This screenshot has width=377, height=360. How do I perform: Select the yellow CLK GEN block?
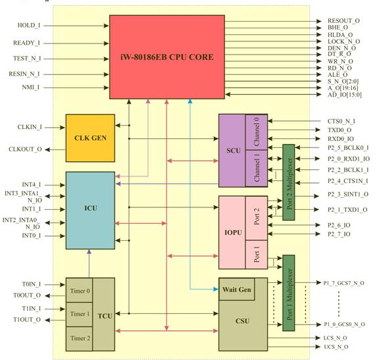pyautogui.click(x=90, y=138)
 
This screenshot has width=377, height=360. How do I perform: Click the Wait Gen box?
pyautogui.click(x=236, y=289)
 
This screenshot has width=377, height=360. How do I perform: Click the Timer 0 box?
pyautogui.click(x=79, y=290)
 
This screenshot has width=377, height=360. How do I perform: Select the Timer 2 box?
pyautogui.click(x=79, y=338)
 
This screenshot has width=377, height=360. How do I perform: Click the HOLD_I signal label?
pyautogui.click(x=28, y=26)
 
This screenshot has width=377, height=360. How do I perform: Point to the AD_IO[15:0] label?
pyautogui.click(x=346, y=95)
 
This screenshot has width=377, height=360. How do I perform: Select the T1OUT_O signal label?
pyautogui.click(x=26, y=320)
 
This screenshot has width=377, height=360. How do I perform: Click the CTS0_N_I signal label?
pyautogui.click(x=341, y=121)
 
